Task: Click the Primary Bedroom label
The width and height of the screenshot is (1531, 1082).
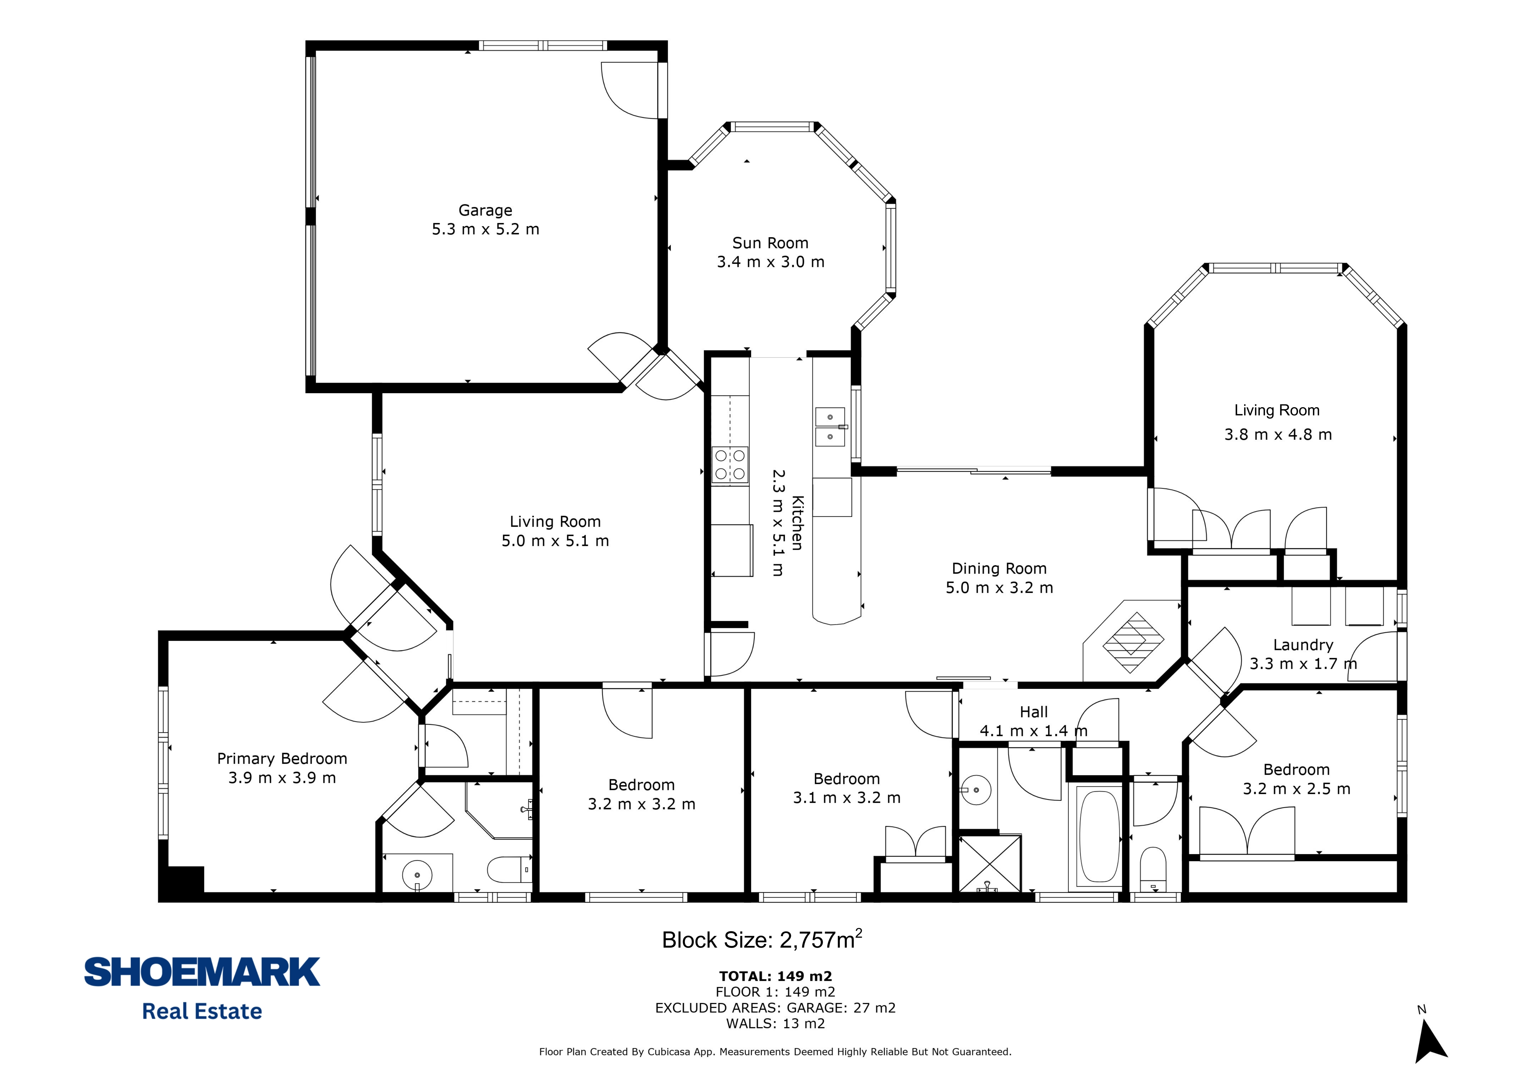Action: point(282,759)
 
